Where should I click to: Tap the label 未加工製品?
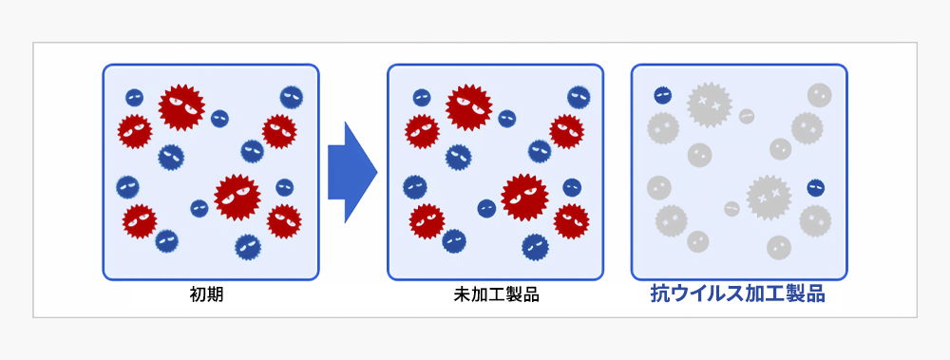coord(496,294)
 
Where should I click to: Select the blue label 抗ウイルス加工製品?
coord(737,294)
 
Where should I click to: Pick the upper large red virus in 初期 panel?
coord(180,106)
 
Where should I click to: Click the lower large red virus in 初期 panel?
coord(237,197)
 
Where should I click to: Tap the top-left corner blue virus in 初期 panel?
coord(135,97)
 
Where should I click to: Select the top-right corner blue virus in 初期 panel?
coord(291,97)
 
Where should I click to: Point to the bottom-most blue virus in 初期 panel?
coord(247,247)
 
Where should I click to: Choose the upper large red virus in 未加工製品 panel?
coord(468,106)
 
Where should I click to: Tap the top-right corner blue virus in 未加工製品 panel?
coord(578,97)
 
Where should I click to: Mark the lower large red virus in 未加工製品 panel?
coord(524,197)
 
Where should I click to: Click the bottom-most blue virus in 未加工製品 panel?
coord(535,247)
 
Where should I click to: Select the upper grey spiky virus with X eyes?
coord(708,103)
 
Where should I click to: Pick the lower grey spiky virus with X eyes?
coord(769,197)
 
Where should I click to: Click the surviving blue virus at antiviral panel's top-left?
coord(663,95)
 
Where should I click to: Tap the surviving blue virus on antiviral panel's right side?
coord(815,188)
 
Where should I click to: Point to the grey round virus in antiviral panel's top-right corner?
coord(819,95)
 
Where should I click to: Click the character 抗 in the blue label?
coord(659,294)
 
